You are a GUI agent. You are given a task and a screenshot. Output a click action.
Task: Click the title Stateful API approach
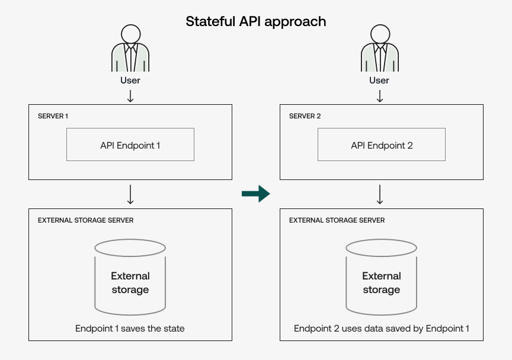coord(256,22)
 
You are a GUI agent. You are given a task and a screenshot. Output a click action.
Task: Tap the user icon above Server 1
coord(130,49)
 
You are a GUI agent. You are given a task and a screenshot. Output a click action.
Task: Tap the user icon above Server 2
coord(380,49)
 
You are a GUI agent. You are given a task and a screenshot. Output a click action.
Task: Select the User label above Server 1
coord(130,80)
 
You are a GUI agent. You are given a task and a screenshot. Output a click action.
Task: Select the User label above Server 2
coord(380,80)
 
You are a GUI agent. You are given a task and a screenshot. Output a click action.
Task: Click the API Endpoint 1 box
coord(130,144)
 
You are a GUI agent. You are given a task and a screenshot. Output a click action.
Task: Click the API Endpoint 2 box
coord(382,144)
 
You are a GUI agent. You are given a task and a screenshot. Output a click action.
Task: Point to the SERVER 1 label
coord(53,116)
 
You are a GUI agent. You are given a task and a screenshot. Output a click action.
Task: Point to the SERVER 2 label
coord(305,116)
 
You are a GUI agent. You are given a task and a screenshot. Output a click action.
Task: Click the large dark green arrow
coord(256,193)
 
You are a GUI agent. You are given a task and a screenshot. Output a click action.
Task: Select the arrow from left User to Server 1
coord(130,95)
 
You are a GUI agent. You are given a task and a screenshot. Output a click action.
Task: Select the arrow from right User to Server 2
coord(380,95)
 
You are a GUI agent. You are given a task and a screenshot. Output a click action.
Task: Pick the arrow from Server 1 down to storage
coord(130,194)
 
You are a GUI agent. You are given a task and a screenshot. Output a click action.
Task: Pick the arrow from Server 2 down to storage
coord(380,194)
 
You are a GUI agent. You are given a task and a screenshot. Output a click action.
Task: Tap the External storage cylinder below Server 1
coord(130,277)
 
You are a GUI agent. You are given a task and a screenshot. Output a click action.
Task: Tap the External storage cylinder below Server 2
coord(382,277)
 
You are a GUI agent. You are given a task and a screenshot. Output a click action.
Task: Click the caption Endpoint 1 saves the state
coord(130,328)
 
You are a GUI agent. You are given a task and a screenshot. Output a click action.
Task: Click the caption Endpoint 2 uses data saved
coord(382,328)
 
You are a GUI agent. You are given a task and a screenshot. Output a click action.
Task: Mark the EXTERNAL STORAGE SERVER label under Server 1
coord(86,220)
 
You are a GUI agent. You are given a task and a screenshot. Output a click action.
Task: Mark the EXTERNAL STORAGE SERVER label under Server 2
coord(337,220)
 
